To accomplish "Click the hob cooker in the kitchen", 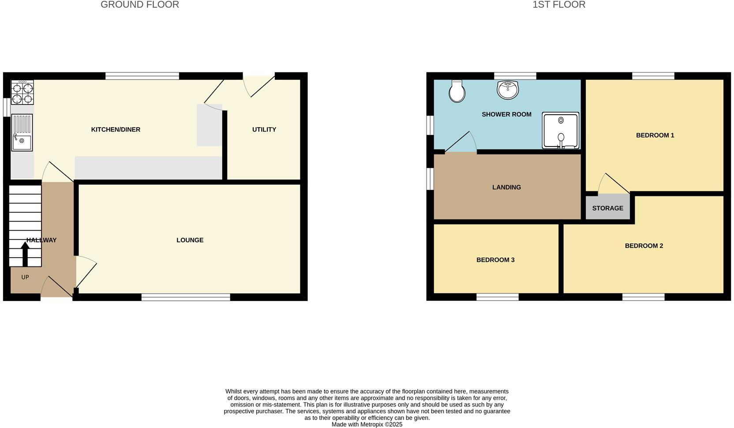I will point(22,93).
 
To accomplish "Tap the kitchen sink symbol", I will point(22,132).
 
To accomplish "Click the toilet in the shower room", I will point(457,91).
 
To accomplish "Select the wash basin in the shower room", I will point(508,90).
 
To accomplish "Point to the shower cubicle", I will point(561,130).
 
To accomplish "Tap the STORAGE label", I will point(607,208).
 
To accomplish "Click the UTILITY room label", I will point(264,130).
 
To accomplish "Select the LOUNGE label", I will point(190,240).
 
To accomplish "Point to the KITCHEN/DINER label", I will point(116,130).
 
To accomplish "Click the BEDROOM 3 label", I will point(495,260).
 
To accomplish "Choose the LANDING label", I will point(506,188).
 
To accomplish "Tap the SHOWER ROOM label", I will point(506,114).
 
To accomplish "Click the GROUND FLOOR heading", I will point(140,5).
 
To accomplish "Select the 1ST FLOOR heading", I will point(559,5).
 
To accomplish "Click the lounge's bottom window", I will point(186,297).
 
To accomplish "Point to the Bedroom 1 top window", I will point(653,76).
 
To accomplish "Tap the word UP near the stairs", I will point(25,277).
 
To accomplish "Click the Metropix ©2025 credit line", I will point(367,424).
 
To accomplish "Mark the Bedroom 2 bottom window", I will point(643,297).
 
